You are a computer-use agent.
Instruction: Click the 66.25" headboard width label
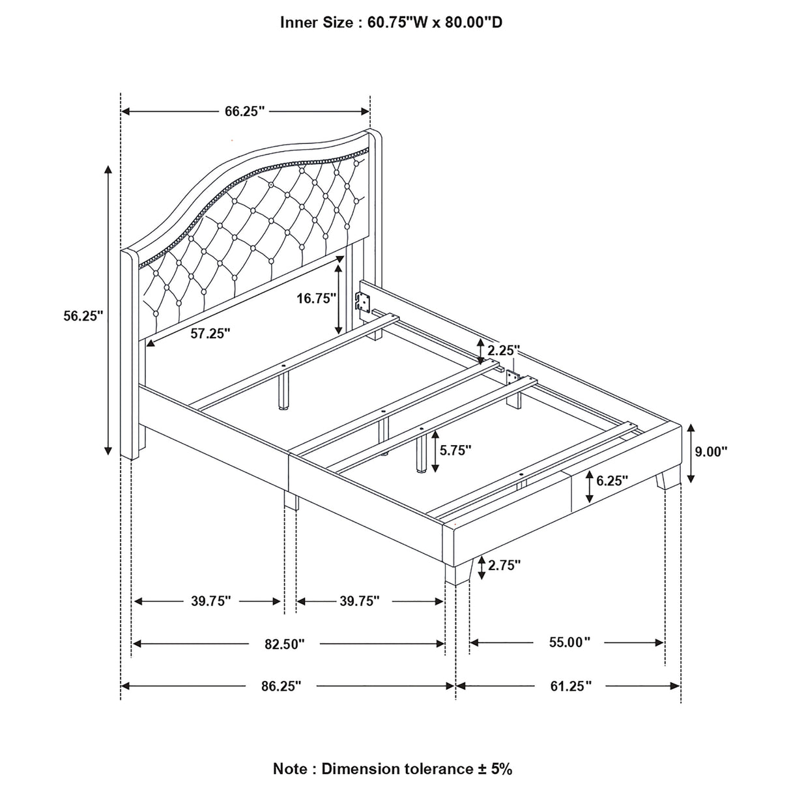245,111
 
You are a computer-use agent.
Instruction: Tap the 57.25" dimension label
211,334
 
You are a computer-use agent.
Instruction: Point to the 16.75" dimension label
316,298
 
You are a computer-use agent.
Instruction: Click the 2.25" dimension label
504,351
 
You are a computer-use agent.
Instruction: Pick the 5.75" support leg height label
455,450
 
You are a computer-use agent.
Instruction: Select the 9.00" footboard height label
710,451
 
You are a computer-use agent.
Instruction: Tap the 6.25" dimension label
612,481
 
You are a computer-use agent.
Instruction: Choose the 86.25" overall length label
281,685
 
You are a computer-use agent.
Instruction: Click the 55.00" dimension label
569,642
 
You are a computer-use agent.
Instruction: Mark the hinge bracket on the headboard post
362,301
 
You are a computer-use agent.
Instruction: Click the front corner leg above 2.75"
459,566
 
